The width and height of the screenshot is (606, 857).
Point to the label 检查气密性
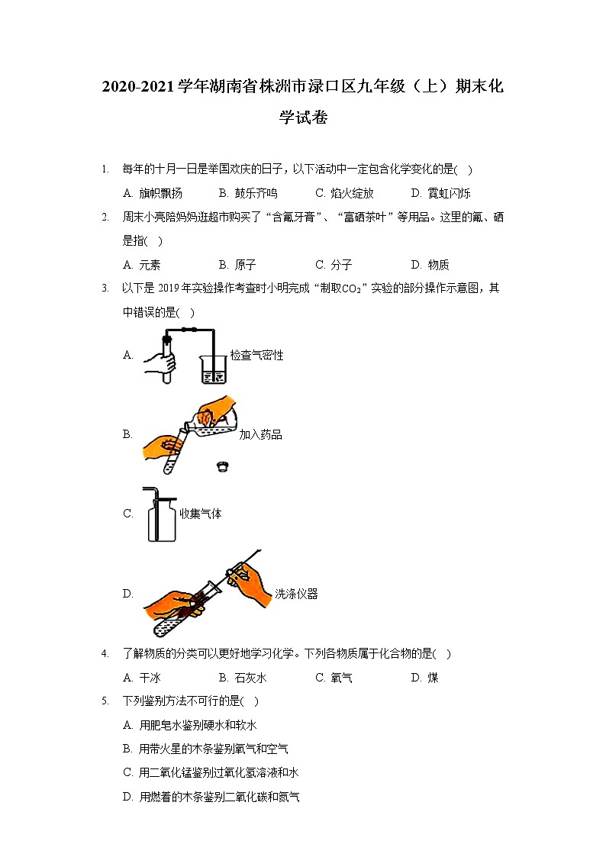(x=256, y=355)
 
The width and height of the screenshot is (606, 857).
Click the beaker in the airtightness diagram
(x=213, y=368)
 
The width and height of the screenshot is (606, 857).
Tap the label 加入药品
(x=260, y=434)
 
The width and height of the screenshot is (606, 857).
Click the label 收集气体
(x=200, y=514)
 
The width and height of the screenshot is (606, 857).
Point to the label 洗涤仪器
(x=296, y=594)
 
